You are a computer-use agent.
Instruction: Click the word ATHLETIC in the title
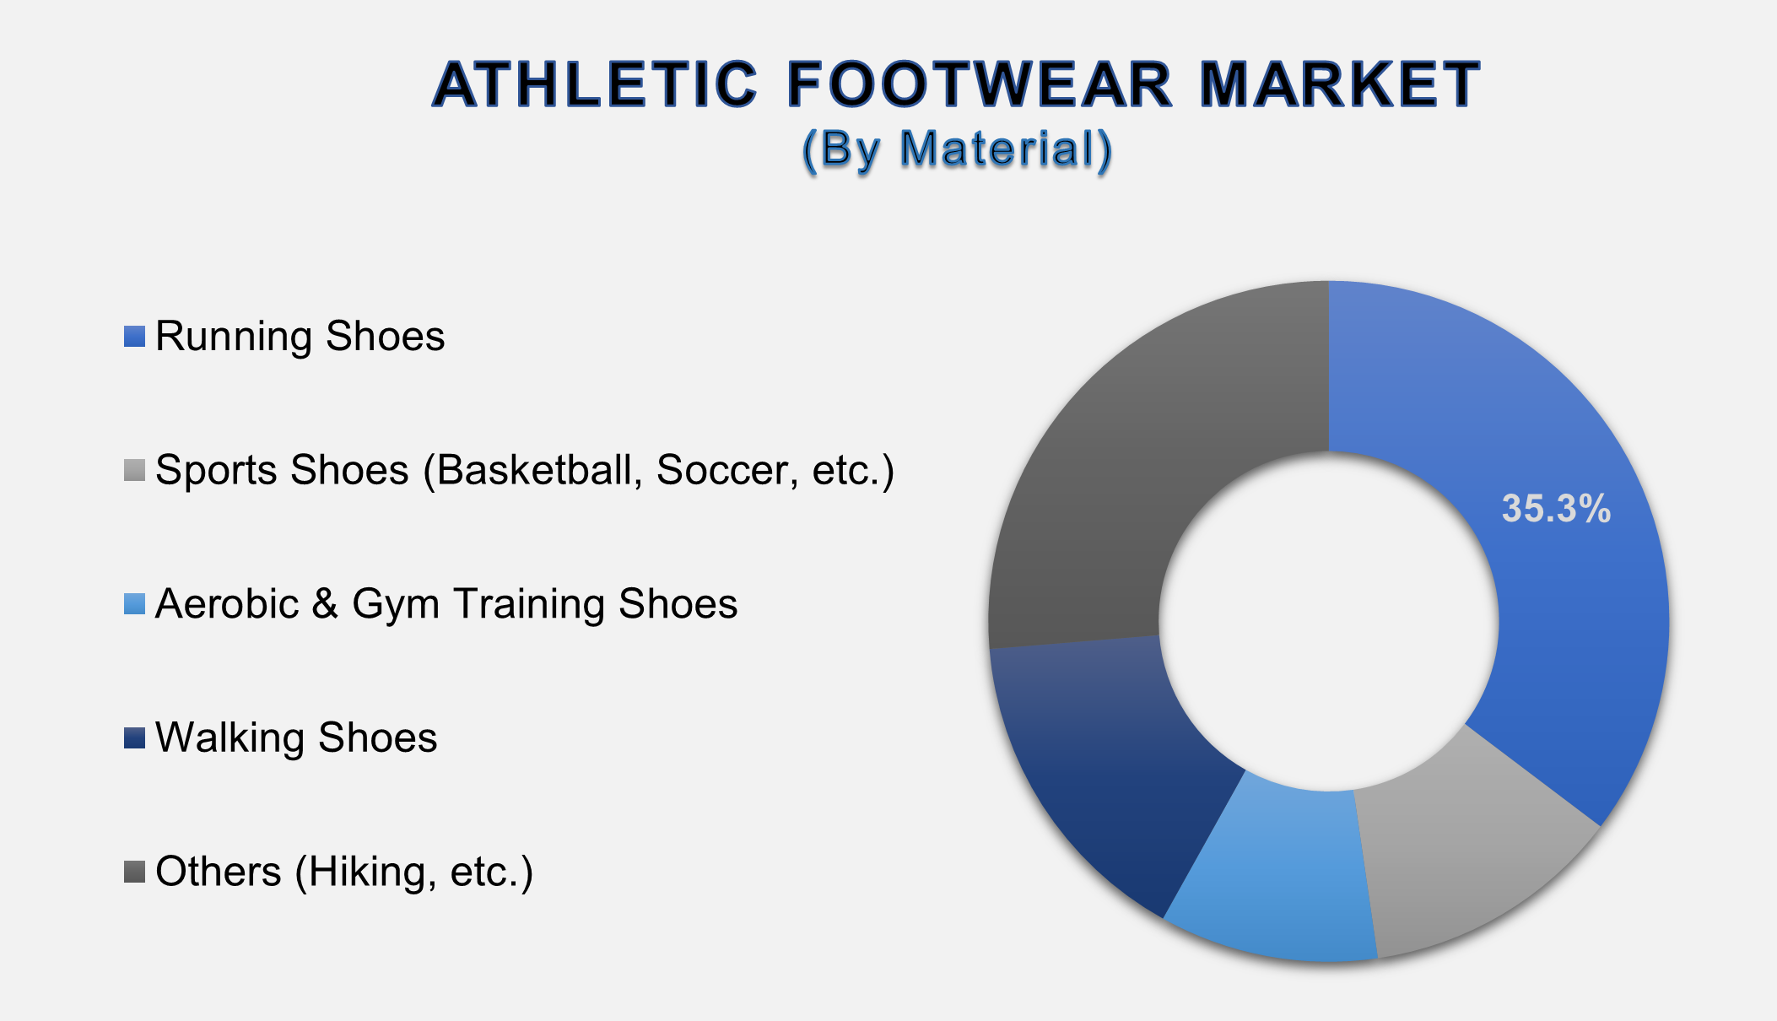click(x=596, y=85)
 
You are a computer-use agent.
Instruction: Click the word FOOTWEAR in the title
click(x=980, y=85)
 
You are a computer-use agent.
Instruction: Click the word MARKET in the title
click(x=1339, y=85)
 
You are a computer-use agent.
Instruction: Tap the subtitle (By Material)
click(x=957, y=149)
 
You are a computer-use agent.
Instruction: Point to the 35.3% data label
click(x=1556, y=509)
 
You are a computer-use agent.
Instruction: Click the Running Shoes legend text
click(x=300, y=337)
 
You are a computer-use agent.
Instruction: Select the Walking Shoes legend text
click(x=296, y=737)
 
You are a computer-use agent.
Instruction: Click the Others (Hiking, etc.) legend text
click(x=344, y=872)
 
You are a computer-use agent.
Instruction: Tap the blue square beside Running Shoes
click(x=134, y=337)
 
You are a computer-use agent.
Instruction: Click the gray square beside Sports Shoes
click(x=134, y=470)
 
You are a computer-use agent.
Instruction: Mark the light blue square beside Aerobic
click(x=134, y=604)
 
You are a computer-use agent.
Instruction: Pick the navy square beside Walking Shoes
click(x=134, y=737)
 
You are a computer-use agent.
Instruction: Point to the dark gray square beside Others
click(x=134, y=872)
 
